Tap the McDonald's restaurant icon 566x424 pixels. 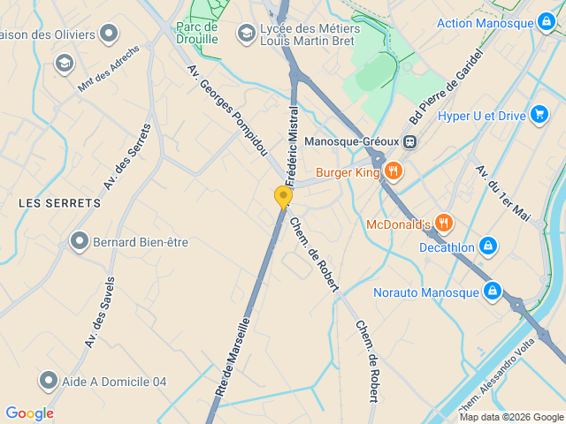coord(444,224)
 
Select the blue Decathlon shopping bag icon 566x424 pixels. coord(487,246)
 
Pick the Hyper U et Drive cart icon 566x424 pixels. coord(539,115)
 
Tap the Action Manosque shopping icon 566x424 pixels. coord(547,23)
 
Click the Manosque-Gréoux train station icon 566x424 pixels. coord(409,141)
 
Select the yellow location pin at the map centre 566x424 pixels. coord(283,197)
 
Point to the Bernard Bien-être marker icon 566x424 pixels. coord(80,241)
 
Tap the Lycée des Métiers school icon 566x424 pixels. coord(246,34)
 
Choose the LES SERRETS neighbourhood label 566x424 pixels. coord(60,203)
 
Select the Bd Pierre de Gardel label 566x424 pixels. coord(447,87)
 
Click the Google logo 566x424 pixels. coord(29,413)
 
